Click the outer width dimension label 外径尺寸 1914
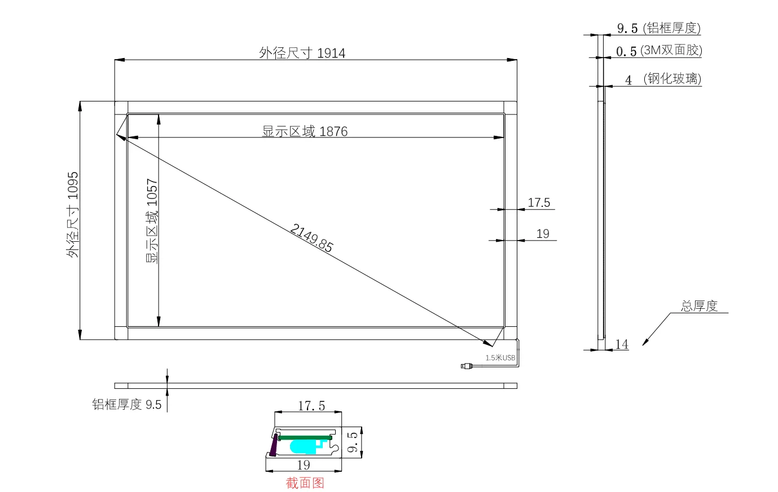click(302, 53)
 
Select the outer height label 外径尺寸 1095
click(73, 215)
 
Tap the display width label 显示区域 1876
click(305, 131)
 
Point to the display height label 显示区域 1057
click(152, 221)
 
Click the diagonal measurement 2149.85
click(311, 238)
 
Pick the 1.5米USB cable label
click(500, 358)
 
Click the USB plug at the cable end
click(466, 366)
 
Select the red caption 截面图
click(305, 483)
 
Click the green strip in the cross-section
click(305, 438)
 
